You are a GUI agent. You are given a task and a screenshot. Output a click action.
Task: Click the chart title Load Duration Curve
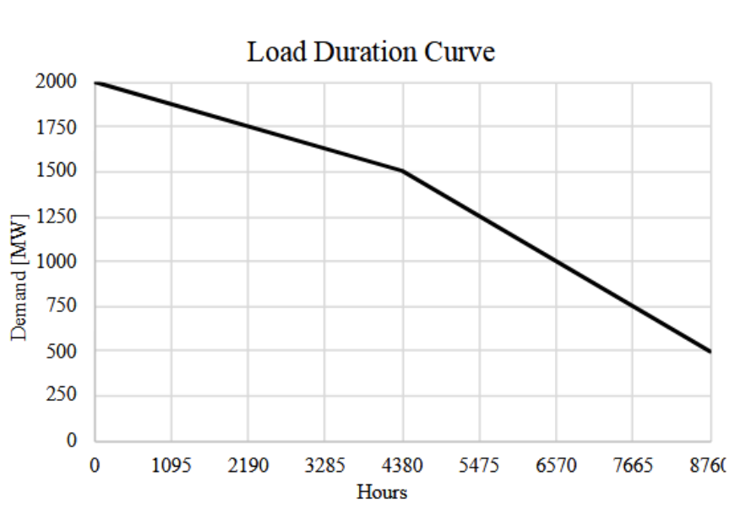click(371, 52)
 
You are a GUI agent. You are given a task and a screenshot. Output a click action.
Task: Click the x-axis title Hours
click(382, 492)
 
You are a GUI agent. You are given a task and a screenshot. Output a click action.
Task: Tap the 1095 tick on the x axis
click(171, 465)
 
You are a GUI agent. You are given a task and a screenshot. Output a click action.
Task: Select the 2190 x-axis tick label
click(248, 465)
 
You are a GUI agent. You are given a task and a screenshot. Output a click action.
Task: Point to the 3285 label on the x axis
click(325, 465)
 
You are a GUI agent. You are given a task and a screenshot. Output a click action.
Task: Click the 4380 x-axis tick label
click(402, 465)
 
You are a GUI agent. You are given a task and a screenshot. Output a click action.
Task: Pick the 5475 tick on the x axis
click(479, 465)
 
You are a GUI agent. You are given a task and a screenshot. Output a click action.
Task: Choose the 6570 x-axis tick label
click(556, 465)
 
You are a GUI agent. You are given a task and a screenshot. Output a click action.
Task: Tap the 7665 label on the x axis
click(633, 465)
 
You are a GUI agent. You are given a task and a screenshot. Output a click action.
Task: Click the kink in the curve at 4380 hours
click(402, 172)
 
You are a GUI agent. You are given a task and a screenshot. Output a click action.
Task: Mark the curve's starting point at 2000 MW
click(95, 82)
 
